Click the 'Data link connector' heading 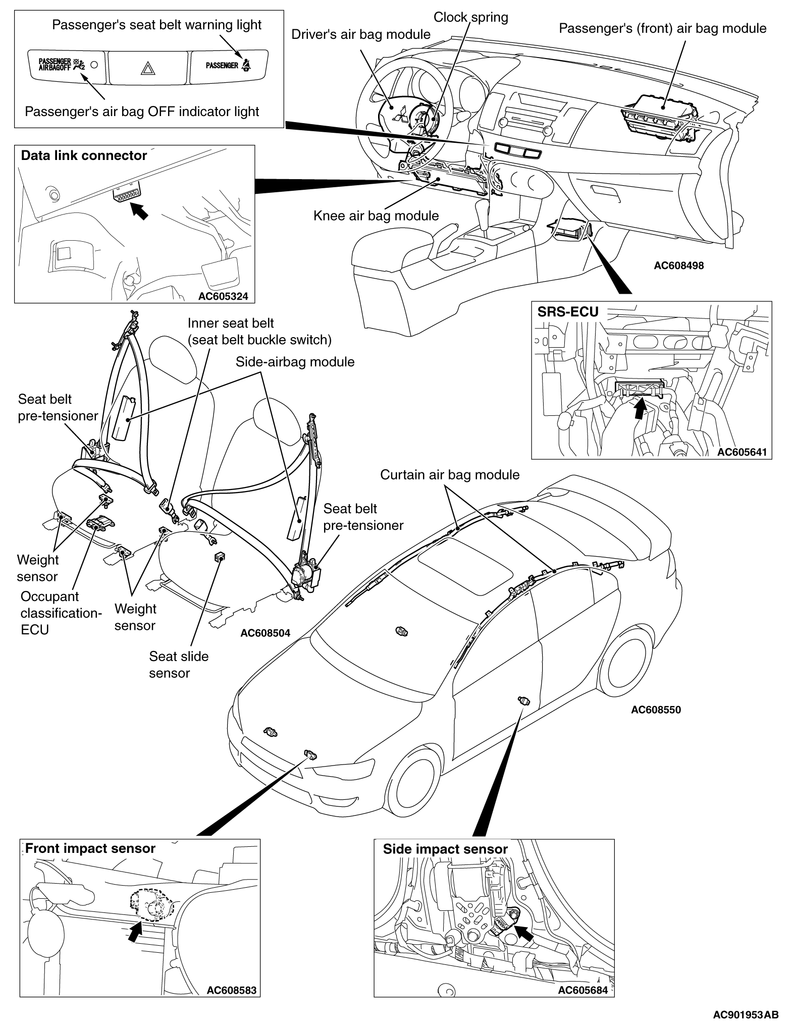84,155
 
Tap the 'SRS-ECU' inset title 568,312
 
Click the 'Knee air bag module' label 376,216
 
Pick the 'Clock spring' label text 470,17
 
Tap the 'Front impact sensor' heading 90,848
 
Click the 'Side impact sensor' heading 445,849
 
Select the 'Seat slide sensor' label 178,664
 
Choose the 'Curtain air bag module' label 450,475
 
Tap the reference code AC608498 678,265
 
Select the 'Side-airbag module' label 295,362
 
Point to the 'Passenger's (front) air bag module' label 662,29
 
